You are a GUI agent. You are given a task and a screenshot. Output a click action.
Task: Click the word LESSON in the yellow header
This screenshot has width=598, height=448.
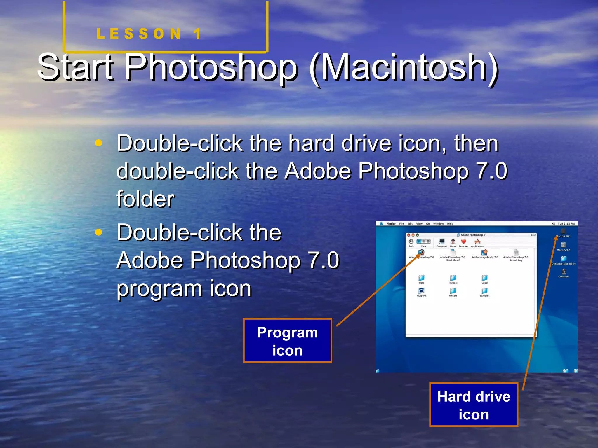138,34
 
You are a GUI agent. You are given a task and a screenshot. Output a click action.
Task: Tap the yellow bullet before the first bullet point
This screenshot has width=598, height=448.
99,143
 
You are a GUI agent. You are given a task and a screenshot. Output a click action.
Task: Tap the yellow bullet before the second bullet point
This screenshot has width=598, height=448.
99,232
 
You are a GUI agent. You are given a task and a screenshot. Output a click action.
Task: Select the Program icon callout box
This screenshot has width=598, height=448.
287,341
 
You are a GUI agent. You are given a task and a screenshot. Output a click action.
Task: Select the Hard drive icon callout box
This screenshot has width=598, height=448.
473,405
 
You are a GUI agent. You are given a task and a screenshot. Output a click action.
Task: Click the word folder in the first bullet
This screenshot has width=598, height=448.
145,199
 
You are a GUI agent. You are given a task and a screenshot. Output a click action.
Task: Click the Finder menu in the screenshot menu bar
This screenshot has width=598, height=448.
391,224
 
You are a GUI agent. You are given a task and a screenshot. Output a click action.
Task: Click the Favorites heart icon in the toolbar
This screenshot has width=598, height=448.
463,242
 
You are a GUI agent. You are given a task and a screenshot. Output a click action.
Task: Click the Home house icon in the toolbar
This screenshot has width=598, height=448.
453,242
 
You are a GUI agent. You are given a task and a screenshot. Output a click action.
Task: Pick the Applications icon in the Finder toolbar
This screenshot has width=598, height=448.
477,242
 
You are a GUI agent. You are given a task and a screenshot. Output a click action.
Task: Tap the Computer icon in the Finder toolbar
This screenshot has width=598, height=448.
441,242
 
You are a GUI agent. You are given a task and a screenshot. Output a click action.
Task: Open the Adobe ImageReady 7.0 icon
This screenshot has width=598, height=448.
484,253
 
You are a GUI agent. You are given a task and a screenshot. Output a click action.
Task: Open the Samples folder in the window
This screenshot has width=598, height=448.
484,291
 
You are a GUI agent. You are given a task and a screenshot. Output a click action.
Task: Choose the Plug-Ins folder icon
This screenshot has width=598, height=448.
421,291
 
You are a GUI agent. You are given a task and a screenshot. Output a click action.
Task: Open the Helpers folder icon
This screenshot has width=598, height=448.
453,278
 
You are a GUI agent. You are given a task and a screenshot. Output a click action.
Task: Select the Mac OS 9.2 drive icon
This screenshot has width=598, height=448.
563,245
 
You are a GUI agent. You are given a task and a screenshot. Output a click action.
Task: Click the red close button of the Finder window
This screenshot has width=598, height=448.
409,235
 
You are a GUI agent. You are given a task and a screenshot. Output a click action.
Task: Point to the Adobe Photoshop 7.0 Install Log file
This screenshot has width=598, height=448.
516,253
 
